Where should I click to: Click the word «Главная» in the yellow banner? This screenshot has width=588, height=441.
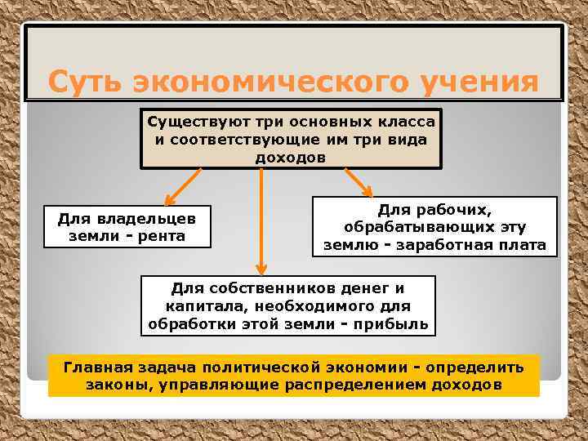coord(97,367)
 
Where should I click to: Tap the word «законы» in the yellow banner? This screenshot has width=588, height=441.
coord(114,385)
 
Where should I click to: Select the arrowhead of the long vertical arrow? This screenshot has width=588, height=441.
coord(261,268)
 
